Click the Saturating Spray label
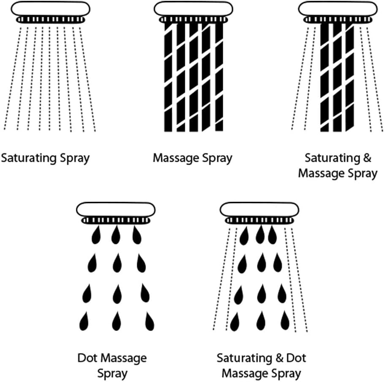45,159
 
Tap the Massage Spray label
192,159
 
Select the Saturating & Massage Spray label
338,166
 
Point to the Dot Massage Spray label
112,366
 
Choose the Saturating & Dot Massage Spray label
261,366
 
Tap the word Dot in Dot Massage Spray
87,358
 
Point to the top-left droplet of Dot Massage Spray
97,235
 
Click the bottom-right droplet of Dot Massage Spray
149,322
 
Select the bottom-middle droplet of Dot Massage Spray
116,322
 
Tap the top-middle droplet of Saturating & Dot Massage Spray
260,235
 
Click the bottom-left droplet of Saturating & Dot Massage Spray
235,322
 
